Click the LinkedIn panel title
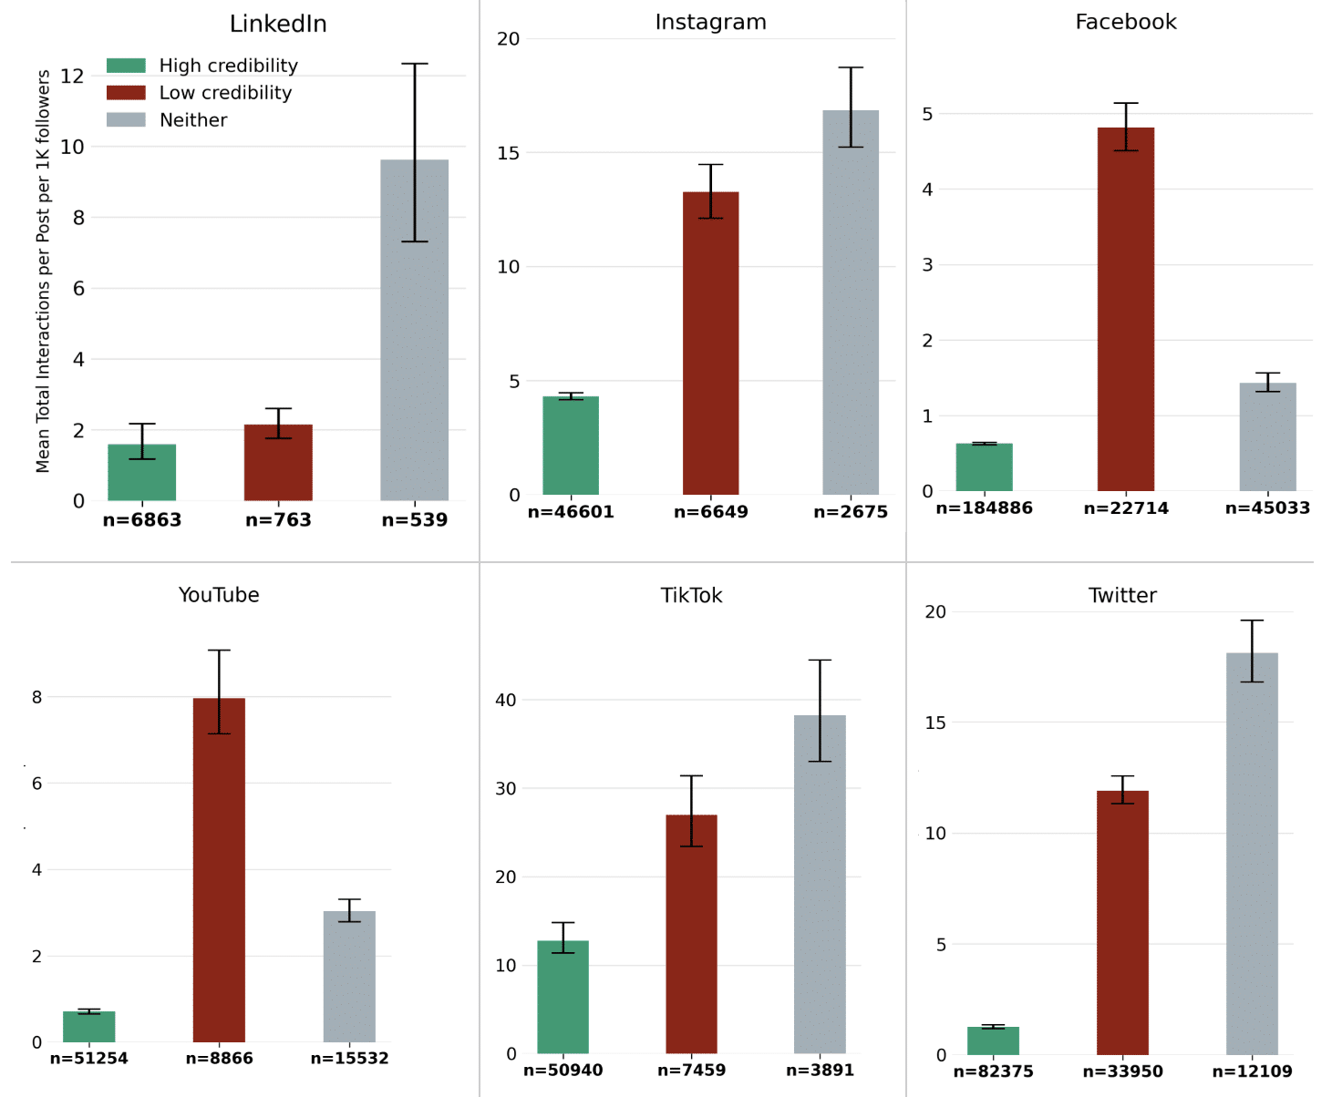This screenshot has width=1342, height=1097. coord(278,24)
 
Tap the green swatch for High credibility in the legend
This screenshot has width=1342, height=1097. coord(126,66)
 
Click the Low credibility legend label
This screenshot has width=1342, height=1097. coord(225,93)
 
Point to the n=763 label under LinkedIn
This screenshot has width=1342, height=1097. coord(278,520)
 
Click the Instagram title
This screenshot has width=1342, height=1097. coord(711,22)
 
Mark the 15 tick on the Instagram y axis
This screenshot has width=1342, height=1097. coord(508,153)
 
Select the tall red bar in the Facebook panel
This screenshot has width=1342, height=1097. coord(1126,310)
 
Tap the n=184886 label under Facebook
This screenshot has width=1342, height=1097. coord(985,508)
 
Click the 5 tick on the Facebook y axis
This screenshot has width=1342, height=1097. coord(927,114)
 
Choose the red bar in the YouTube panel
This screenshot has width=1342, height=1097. coord(219,870)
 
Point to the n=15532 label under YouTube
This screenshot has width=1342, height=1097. coord(349,1059)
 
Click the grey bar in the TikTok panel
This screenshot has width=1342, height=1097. coord(820,884)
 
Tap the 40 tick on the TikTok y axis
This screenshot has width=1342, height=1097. coord(505,700)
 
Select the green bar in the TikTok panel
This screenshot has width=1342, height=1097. coord(563,997)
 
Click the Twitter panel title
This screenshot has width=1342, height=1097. coord(1122,596)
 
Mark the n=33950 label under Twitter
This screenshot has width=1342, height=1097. coord(1122,1071)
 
